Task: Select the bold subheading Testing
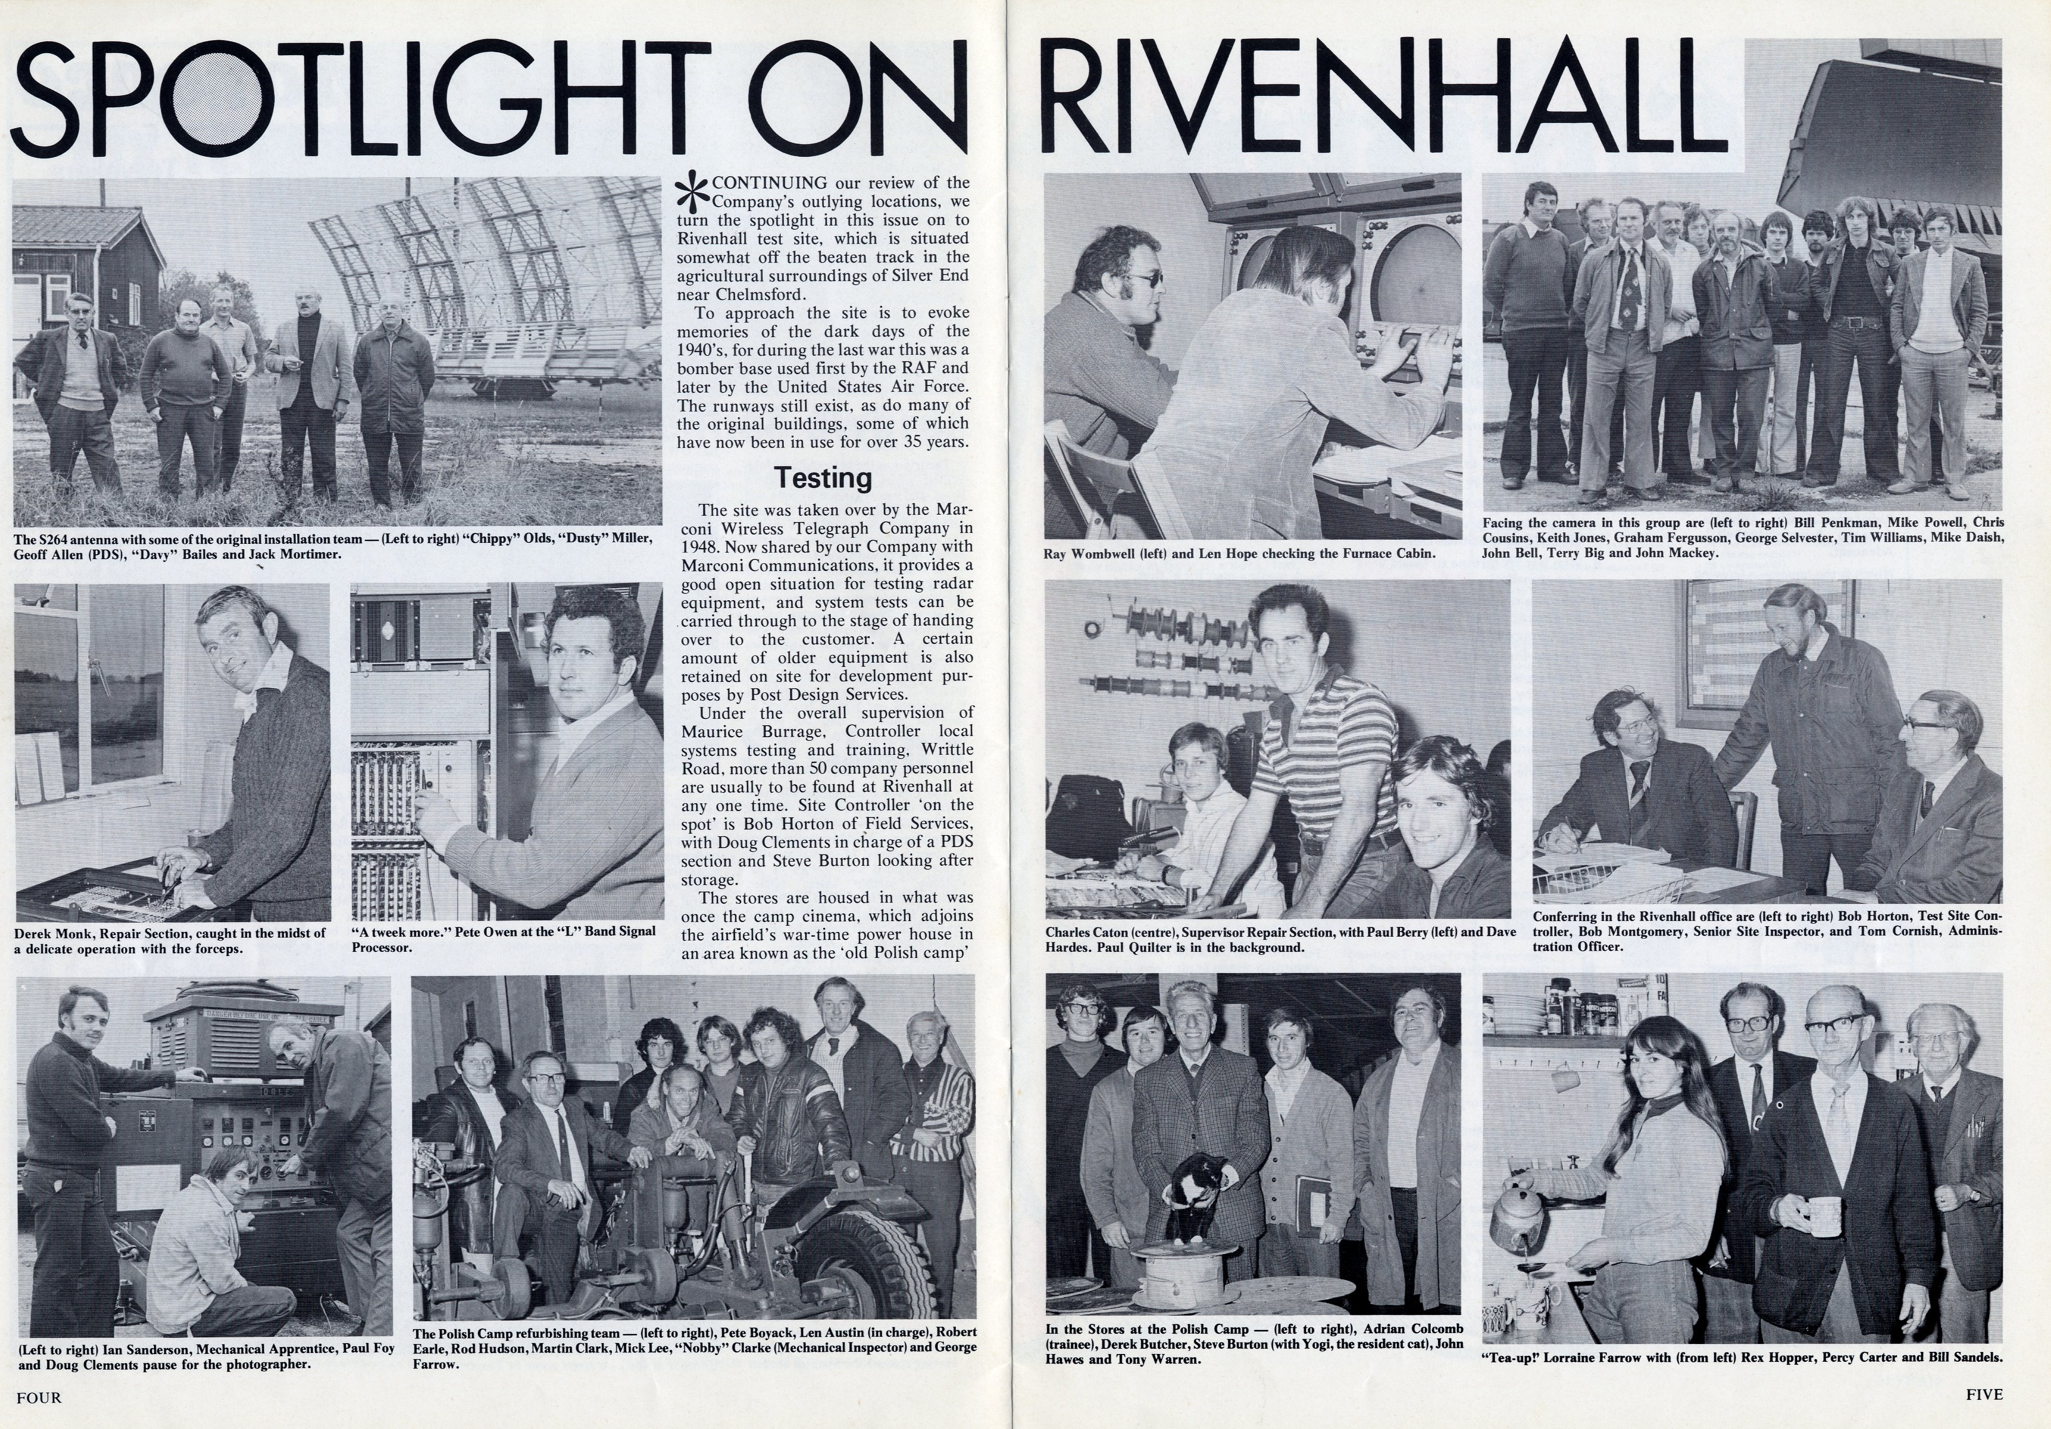(822, 478)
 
